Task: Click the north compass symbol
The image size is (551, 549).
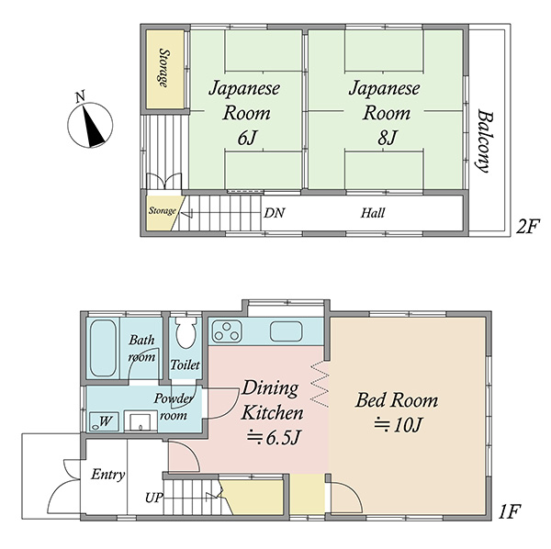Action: [90, 126]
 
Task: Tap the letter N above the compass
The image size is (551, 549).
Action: [81, 96]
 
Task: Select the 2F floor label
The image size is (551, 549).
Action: [527, 227]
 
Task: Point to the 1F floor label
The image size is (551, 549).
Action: [510, 511]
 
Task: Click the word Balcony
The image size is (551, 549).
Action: [485, 141]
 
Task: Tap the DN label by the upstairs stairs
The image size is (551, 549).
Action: [274, 213]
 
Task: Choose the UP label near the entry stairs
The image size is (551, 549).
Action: [154, 498]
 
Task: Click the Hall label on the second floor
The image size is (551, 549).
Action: [373, 213]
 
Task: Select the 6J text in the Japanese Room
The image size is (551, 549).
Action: [245, 138]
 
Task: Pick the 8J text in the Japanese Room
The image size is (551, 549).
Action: [387, 138]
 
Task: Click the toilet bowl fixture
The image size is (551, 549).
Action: [186, 332]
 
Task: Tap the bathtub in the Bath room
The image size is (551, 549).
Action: [103, 348]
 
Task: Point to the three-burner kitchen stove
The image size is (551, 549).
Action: [226, 331]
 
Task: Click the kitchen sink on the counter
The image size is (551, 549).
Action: [286, 331]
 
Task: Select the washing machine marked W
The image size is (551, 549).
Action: [103, 421]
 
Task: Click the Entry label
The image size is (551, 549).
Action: [107, 475]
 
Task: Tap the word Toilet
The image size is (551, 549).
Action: [186, 364]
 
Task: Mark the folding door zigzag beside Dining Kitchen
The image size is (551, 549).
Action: [320, 385]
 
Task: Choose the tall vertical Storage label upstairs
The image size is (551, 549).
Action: [163, 68]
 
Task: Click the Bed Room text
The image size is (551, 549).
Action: [397, 400]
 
